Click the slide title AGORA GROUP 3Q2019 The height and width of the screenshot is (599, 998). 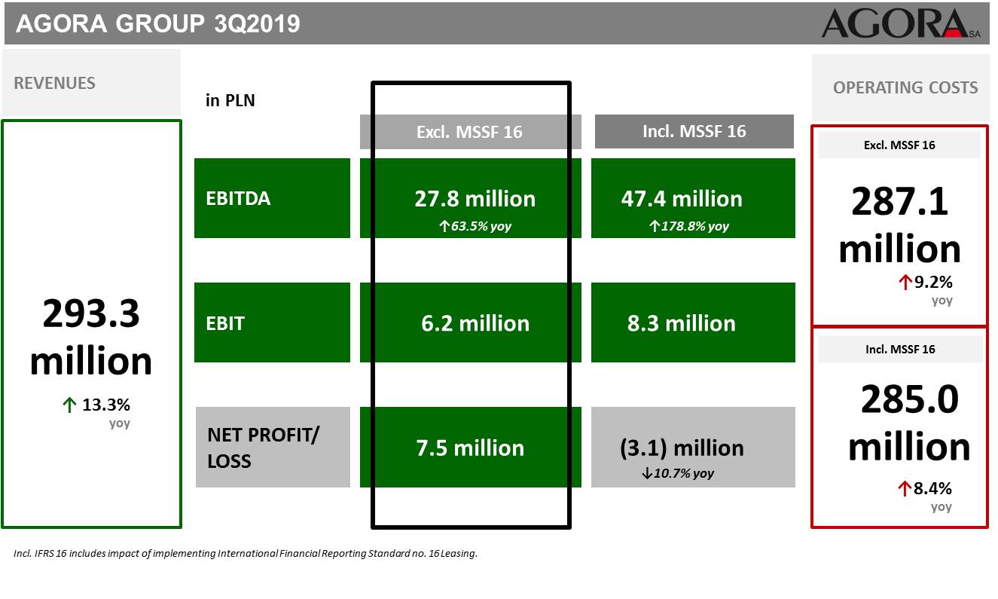click(x=158, y=23)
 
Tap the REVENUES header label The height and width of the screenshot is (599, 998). click(x=54, y=84)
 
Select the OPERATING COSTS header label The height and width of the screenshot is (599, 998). click(x=905, y=87)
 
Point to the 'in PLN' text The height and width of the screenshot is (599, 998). click(x=230, y=100)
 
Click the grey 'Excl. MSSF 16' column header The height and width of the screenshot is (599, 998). click(x=469, y=132)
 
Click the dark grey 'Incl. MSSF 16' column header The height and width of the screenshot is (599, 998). click(x=694, y=131)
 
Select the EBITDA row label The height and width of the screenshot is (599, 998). click(x=238, y=198)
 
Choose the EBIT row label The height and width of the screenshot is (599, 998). click(x=225, y=323)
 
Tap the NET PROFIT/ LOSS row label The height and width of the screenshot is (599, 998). click(x=263, y=448)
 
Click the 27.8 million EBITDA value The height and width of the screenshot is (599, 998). click(x=475, y=199)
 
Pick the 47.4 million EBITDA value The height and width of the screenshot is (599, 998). click(x=682, y=199)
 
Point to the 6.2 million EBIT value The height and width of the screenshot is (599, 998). click(x=475, y=323)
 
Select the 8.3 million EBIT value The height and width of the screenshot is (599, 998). click(x=681, y=323)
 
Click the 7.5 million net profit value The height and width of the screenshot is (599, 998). click(x=470, y=448)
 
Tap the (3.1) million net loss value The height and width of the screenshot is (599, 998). click(x=682, y=448)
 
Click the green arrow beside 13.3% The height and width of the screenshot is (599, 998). click(x=69, y=405)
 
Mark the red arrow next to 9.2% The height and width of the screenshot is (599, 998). click(x=905, y=282)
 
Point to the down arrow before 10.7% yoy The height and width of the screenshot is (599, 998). click(x=647, y=473)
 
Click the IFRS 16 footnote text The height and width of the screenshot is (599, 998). click(x=245, y=553)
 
